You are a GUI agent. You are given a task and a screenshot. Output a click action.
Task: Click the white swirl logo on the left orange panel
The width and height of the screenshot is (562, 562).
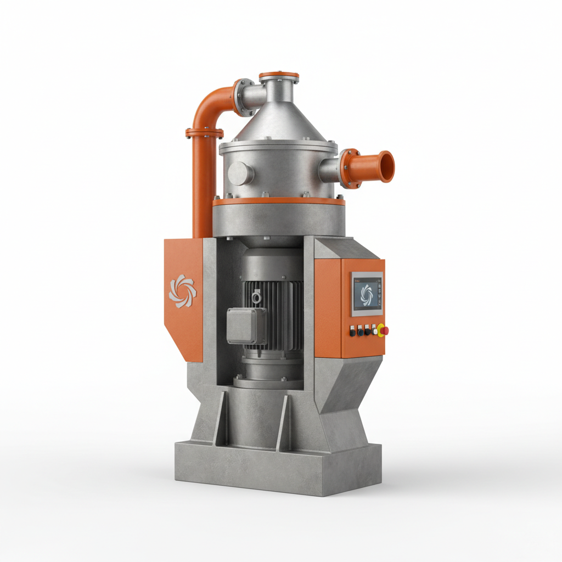pyautogui.click(x=182, y=291)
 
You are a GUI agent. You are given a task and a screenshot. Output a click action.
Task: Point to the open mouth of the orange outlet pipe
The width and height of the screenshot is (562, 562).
pyautogui.click(x=387, y=166)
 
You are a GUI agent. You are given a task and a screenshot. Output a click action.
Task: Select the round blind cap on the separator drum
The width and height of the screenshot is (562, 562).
pyautogui.click(x=241, y=173)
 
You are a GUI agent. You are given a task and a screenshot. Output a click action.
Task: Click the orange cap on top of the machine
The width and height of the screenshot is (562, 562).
pyautogui.click(x=279, y=75)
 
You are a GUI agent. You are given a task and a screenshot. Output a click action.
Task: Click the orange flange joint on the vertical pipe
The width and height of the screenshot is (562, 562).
pyautogui.click(x=204, y=133)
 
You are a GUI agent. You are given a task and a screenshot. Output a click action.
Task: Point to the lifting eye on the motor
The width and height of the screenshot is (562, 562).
pyautogui.click(x=256, y=297)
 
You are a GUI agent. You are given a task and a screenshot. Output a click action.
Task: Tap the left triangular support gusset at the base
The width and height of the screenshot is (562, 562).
pyautogui.click(x=220, y=417)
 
